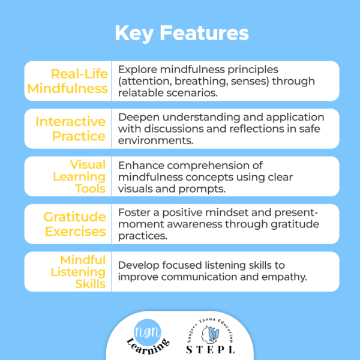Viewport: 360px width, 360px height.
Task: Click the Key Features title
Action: tap(180, 32)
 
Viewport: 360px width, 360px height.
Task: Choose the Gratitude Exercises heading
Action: tap(75, 224)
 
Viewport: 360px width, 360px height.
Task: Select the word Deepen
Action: tap(137, 116)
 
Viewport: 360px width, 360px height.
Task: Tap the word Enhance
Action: tap(139, 164)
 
